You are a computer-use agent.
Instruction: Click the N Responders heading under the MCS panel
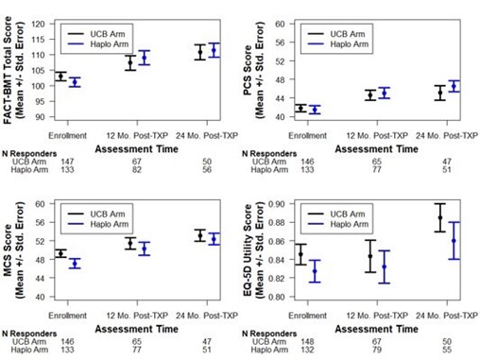[27, 334]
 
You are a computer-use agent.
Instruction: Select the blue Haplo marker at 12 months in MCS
[145, 249]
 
